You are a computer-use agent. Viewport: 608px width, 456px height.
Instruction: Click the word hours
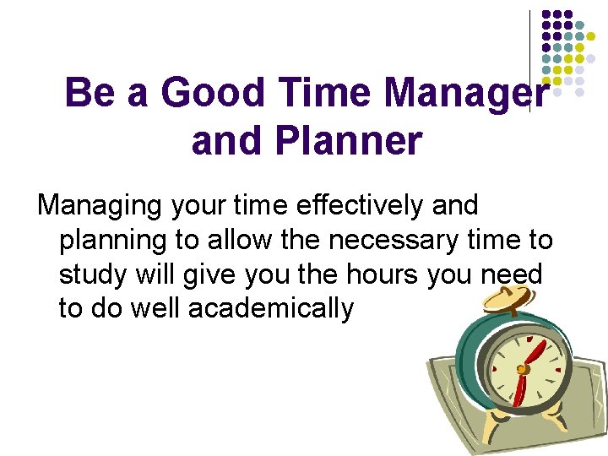(381, 274)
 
